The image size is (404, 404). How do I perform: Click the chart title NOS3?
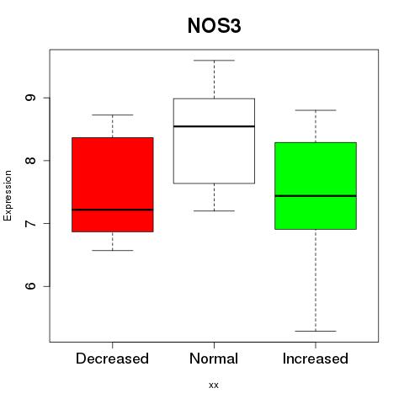(214, 26)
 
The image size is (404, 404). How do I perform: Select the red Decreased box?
(113, 184)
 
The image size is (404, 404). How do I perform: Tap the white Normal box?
(214, 141)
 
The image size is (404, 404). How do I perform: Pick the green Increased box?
(316, 186)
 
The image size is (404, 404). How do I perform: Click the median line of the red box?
(113, 210)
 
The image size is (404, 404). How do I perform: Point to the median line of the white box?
(214, 126)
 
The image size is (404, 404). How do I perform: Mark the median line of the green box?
(316, 196)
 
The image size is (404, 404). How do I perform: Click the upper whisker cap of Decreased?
(113, 114)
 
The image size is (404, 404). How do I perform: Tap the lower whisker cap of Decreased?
(113, 250)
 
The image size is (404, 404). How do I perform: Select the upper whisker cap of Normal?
(214, 61)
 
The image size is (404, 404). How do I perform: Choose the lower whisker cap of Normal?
(214, 210)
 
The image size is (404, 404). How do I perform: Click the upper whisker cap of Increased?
(316, 110)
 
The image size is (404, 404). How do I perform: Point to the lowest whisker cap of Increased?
(316, 331)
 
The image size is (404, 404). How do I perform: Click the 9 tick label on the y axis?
(30, 98)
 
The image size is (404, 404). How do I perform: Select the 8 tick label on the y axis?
(30, 161)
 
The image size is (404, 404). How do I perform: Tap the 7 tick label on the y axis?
(30, 223)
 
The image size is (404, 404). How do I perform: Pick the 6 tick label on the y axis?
(30, 286)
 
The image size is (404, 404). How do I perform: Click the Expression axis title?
(8, 195)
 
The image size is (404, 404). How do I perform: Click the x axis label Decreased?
(112, 359)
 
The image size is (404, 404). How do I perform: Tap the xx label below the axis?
(214, 385)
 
